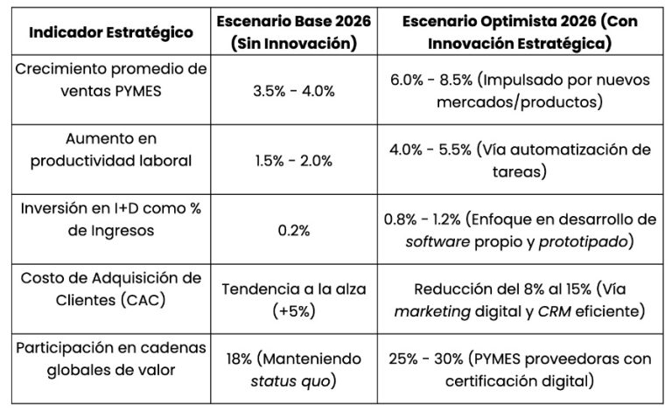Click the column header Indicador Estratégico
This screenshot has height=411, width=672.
[110, 32]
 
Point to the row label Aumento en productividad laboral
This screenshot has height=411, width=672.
[110, 149]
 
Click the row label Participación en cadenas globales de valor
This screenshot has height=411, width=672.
[110, 358]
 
